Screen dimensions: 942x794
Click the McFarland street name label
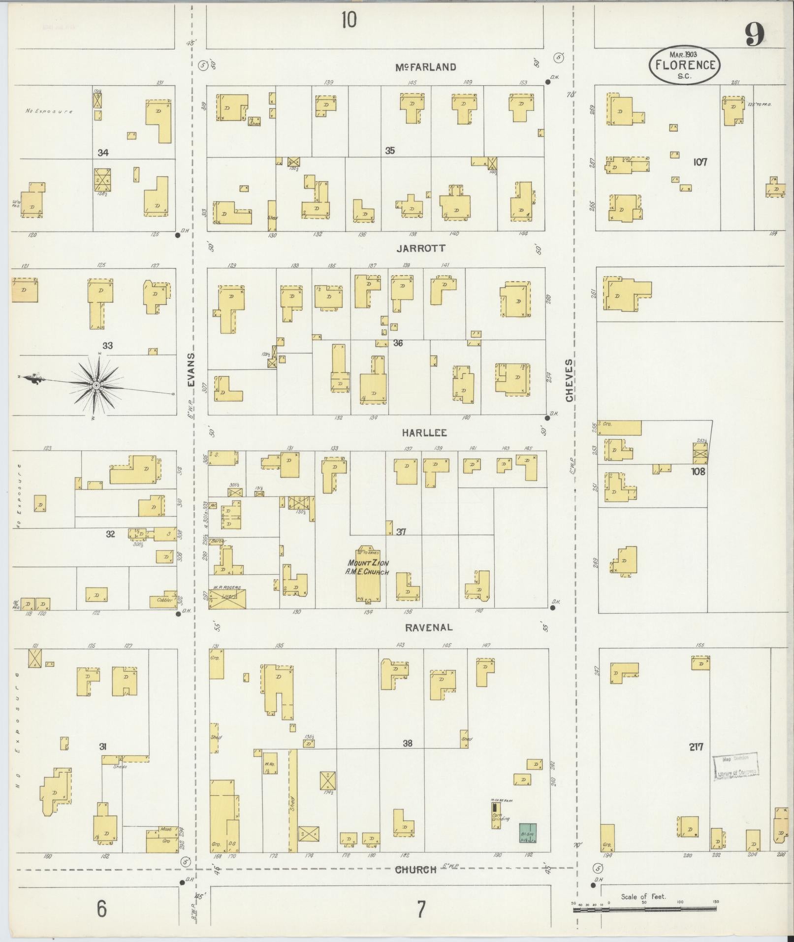(426, 67)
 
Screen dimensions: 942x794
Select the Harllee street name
(424, 433)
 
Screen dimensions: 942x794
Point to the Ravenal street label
(428, 627)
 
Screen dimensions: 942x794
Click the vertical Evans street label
(191, 369)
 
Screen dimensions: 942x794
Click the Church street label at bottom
(416, 869)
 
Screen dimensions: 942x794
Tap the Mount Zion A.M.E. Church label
(368, 567)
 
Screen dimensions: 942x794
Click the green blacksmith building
(528, 833)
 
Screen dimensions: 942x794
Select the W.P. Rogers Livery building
(227, 598)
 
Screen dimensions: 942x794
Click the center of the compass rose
(96, 384)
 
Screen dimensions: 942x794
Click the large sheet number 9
(754, 34)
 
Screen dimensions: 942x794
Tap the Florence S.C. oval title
(684, 66)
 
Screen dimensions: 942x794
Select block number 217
(696, 761)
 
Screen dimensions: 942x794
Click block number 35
(390, 151)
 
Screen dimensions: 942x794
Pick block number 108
(698, 471)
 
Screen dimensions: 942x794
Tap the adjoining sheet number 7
(421, 909)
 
